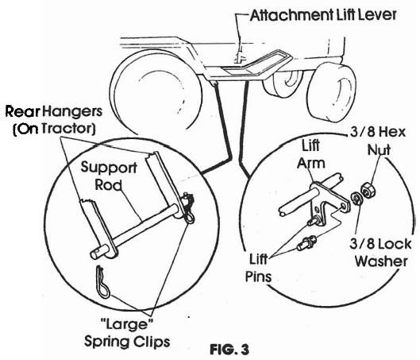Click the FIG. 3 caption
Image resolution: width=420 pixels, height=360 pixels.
pyautogui.click(x=229, y=350)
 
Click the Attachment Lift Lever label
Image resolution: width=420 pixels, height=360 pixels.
pyautogui.click(x=323, y=15)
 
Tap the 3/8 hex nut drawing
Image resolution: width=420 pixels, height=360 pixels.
pyautogui.click(x=368, y=190)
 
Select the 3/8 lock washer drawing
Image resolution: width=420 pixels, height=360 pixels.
pyautogui.click(x=356, y=199)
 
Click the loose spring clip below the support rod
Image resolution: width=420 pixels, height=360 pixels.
pyautogui.click(x=102, y=283)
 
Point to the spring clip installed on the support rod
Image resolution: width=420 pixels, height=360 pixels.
pyautogui.click(x=189, y=207)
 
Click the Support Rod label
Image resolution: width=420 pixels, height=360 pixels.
pyautogui.click(x=109, y=176)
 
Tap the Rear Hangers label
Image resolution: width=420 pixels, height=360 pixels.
pyautogui.click(x=54, y=111)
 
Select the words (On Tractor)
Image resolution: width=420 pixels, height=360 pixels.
pyautogui.click(x=54, y=129)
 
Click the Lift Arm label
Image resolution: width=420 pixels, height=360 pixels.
pyautogui.click(x=310, y=154)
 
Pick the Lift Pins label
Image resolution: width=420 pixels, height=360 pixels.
pyautogui.click(x=259, y=268)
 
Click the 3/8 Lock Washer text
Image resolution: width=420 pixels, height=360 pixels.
pyautogui.click(x=380, y=253)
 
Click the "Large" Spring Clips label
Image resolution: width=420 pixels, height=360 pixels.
pyautogui.click(x=127, y=333)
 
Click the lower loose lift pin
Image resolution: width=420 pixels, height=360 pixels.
pyautogui.click(x=306, y=243)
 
